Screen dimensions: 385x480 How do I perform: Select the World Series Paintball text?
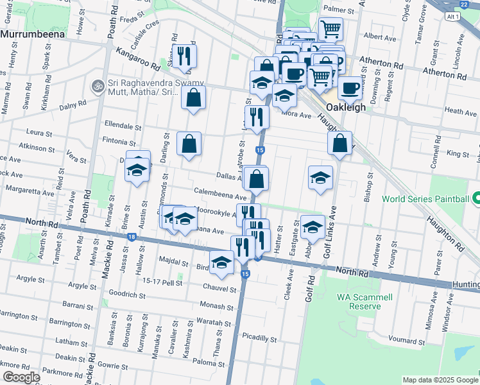(x=425, y=199)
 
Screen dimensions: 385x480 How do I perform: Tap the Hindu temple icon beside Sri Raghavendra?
(x=98, y=85)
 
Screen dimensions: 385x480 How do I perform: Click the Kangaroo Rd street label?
(x=139, y=62)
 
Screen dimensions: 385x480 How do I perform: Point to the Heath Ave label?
(x=460, y=112)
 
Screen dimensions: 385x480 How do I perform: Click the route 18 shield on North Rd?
(x=132, y=237)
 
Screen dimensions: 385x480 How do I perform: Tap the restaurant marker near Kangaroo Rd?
(x=184, y=56)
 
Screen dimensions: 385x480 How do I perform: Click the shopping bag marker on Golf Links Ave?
(x=340, y=143)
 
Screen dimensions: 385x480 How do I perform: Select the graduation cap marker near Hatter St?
(x=312, y=227)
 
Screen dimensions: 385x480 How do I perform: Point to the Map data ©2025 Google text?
(x=440, y=380)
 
